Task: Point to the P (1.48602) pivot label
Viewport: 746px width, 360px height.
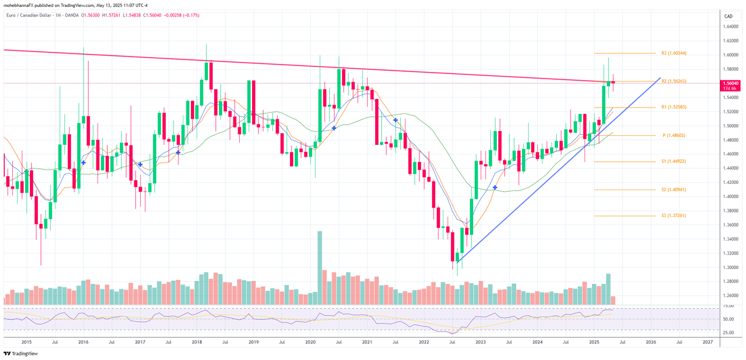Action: pyautogui.click(x=674, y=136)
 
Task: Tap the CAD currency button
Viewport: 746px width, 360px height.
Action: pyautogui.click(x=728, y=17)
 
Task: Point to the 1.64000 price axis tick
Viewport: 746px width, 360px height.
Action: pyautogui.click(x=730, y=27)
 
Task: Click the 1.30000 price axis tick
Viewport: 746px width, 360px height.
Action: pyautogui.click(x=730, y=267)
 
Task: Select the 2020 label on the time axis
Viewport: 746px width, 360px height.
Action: pyautogui.click(x=310, y=342)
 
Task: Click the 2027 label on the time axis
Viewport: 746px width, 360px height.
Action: pyautogui.click(x=707, y=342)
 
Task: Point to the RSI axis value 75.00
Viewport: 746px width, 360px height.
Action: pyautogui.click(x=728, y=306)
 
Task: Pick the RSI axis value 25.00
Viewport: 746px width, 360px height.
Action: pyautogui.click(x=728, y=332)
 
